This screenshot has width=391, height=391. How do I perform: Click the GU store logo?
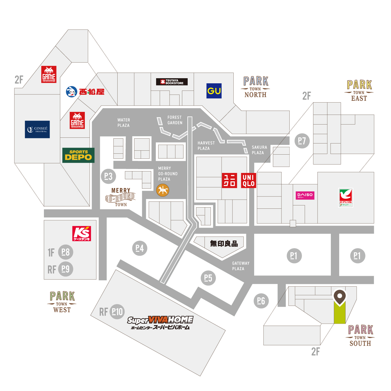214,91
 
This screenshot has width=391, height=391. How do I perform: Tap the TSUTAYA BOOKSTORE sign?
172,82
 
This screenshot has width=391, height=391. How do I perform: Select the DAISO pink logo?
305,195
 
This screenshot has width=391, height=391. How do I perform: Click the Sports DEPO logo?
78,155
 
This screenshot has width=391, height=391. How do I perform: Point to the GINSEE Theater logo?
37,129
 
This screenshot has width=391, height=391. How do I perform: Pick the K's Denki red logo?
82,234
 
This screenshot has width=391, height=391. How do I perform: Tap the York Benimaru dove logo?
346,197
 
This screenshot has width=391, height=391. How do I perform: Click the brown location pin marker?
340,297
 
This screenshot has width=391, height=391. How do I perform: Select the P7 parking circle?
302,140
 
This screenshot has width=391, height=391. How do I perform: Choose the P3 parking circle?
108,176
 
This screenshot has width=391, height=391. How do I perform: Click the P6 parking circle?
261,300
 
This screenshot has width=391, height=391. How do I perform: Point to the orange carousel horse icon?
163,190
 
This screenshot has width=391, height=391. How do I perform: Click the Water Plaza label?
124,123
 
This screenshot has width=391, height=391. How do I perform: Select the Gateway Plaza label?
241,266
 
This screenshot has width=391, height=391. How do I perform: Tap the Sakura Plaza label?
259,150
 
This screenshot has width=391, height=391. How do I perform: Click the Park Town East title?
359,91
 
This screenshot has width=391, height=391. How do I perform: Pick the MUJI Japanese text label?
224,243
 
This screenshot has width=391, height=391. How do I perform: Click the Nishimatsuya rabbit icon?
72,92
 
